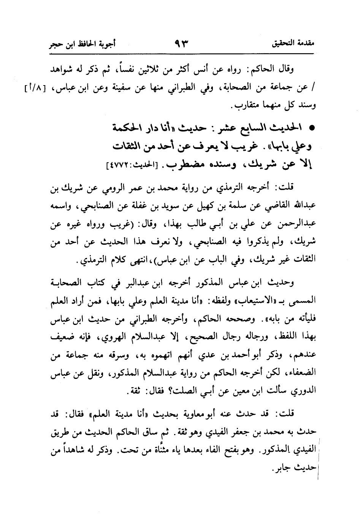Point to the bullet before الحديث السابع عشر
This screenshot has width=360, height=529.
pos(313,129)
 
